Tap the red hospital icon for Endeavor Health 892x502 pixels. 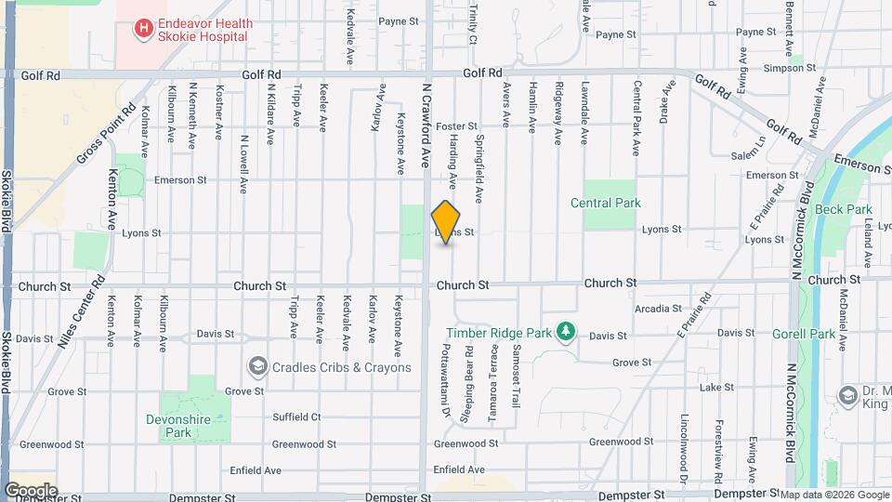tap(143, 29)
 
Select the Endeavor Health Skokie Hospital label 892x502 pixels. tap(203, 29)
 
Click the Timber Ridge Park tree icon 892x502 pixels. tap(564, 332)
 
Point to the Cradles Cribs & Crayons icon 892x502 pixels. tap(257, 367)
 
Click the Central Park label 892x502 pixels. tap(604, 203)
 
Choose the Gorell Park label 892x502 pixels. tap(804, 333)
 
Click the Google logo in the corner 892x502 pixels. tap(31, 490)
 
